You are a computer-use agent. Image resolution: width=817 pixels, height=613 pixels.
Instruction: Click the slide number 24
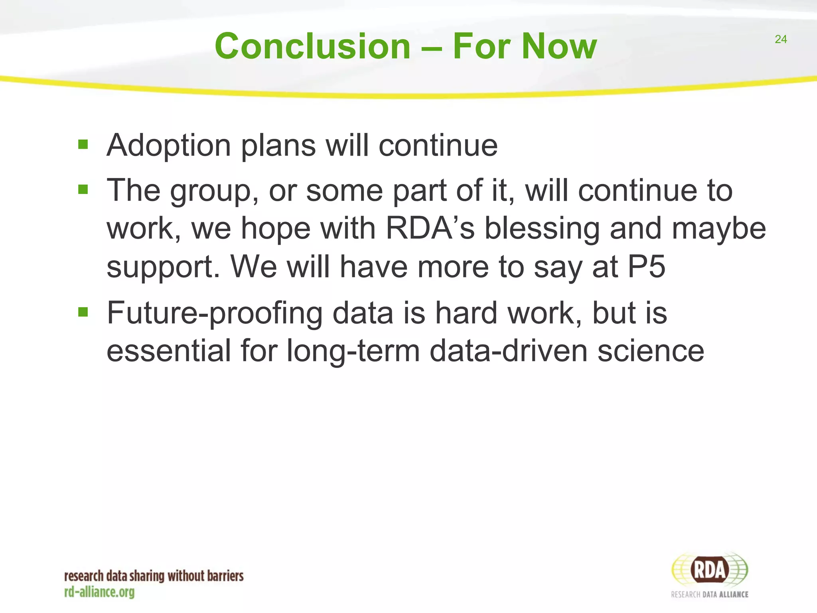(x=781, y=39)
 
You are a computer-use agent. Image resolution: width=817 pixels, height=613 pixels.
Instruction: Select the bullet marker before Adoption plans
(x=83, y=144)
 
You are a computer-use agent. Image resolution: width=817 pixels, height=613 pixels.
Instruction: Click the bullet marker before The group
(x=83, y=189)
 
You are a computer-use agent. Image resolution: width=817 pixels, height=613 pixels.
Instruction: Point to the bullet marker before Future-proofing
(x=83, y=311)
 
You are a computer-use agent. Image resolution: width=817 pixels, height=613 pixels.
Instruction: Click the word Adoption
(x=169, y=146)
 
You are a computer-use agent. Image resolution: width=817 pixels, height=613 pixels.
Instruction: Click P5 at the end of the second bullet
(x=646, y=267)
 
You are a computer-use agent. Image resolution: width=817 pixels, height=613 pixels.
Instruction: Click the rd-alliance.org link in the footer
(x=99, y=592)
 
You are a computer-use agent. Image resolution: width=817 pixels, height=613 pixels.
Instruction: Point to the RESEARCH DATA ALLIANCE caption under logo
(x=709, y=594)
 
